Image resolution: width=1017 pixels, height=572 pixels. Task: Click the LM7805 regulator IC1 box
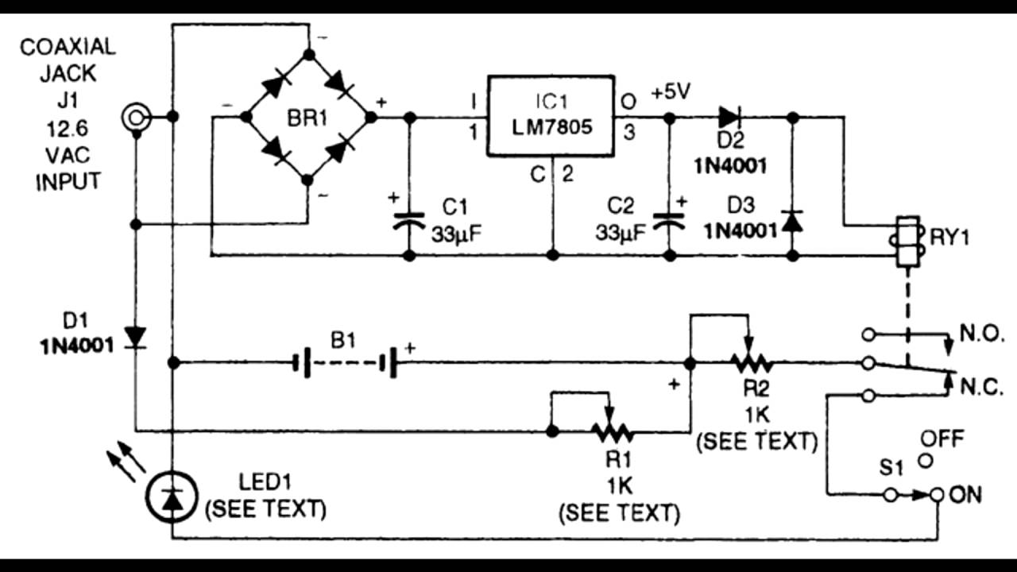click(551, 118)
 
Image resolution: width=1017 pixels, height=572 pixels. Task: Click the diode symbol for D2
click(729, 118)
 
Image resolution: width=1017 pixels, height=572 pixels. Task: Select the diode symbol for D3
click(792, 221)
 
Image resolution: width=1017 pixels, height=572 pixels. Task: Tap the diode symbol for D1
click(137, 338)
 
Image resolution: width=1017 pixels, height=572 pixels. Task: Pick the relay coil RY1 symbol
click(907, 242)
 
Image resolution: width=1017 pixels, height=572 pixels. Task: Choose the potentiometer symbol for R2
click(751, 363)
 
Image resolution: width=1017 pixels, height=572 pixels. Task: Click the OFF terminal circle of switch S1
click(925, 460)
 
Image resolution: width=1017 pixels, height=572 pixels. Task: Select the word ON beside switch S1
click(965, 495)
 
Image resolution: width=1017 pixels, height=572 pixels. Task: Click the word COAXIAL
click(68, 46)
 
